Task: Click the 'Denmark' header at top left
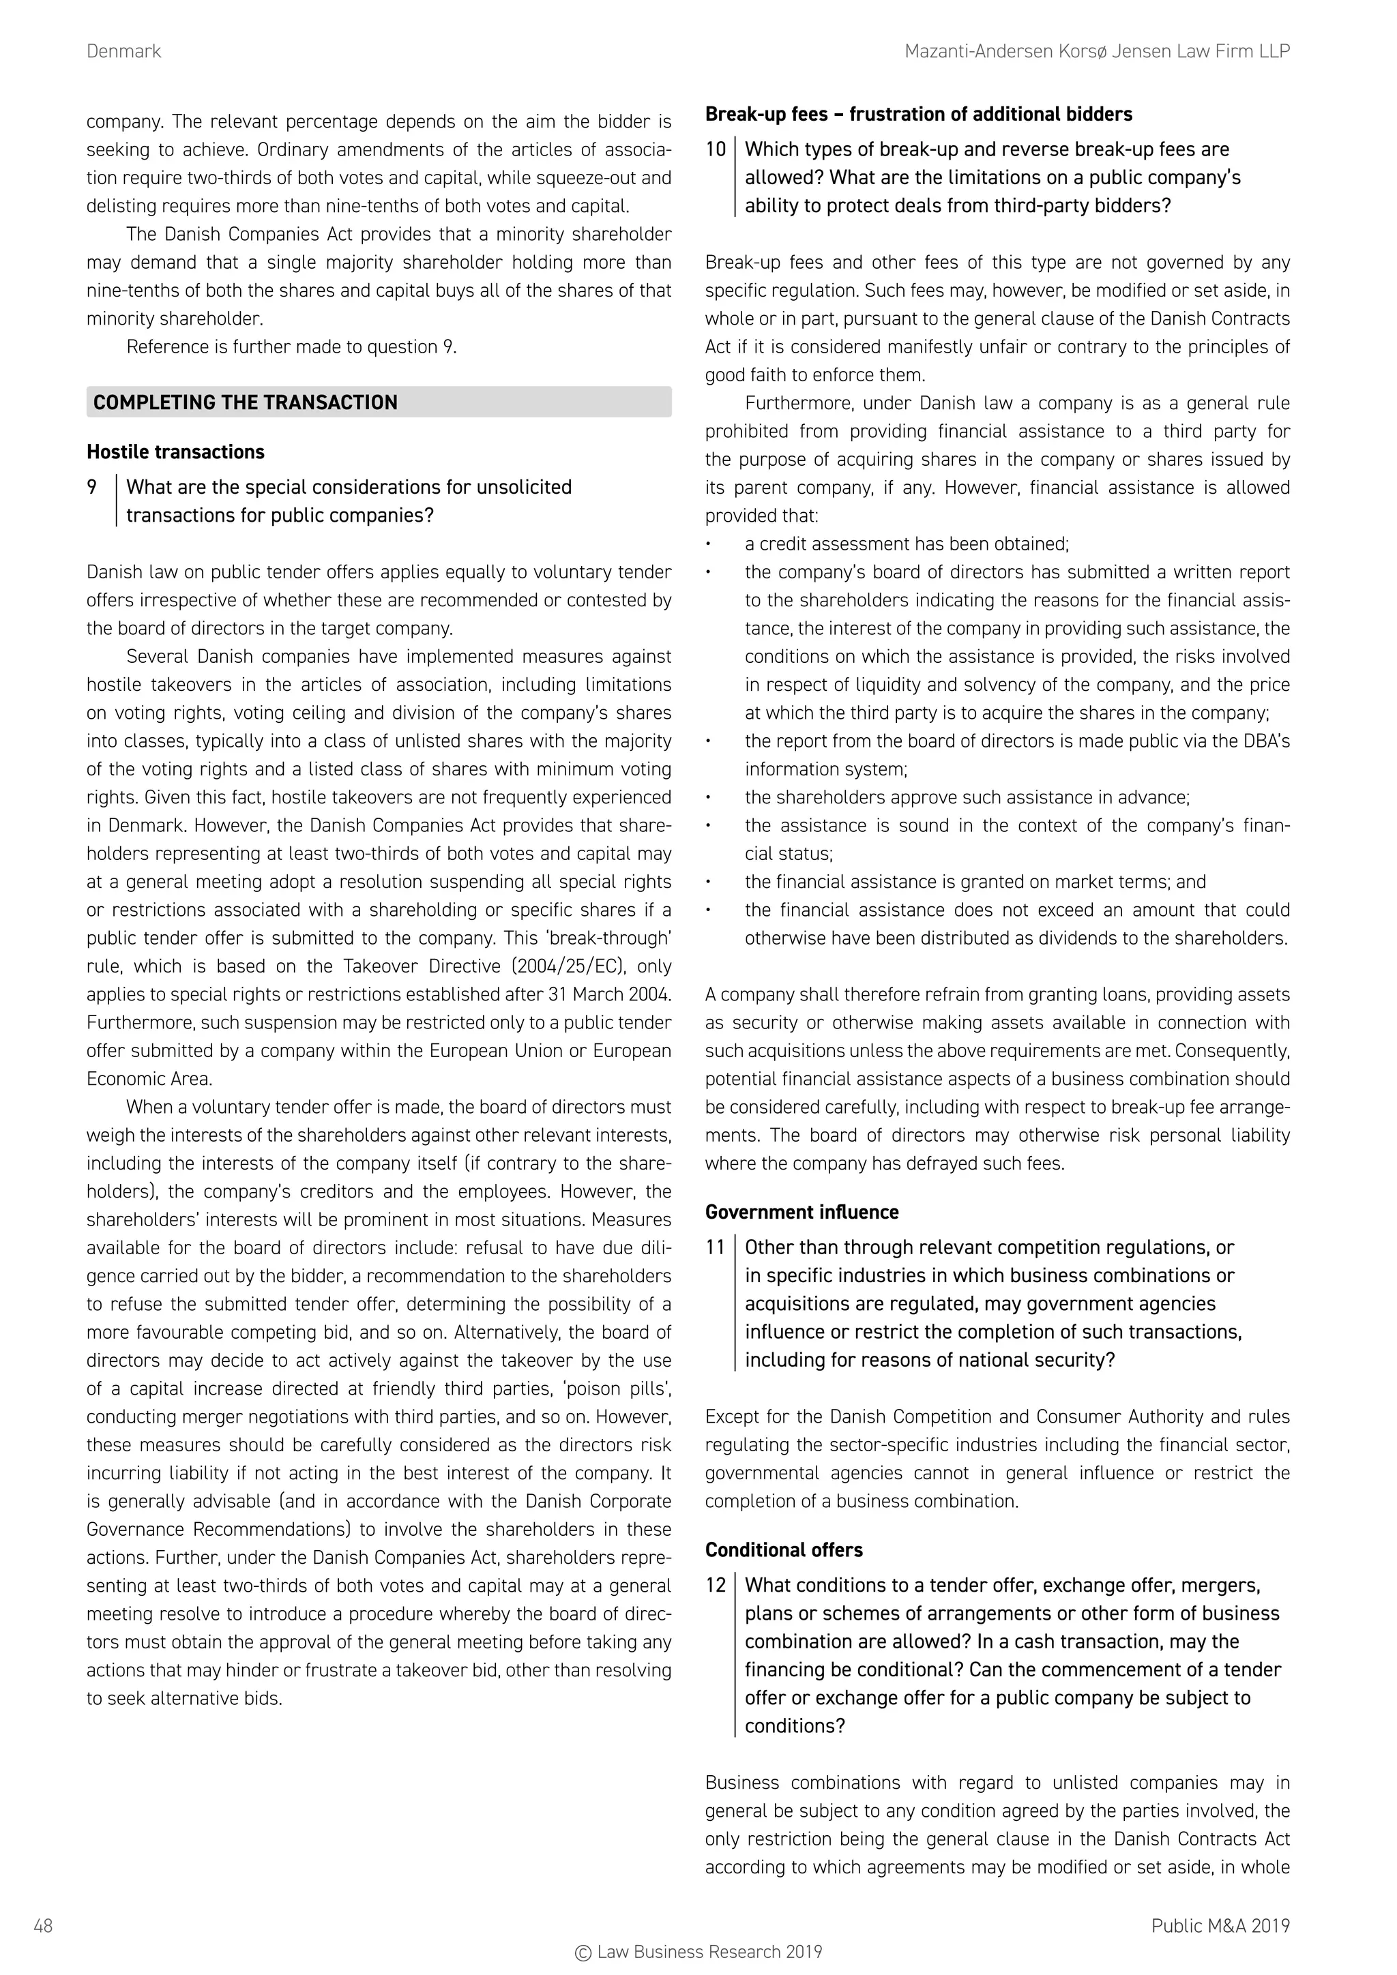(124, 52)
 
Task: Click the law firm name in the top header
(1097, 52)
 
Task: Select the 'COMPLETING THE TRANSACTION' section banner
(379, 402)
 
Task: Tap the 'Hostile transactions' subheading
(175, 452)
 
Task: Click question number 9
(92, 488)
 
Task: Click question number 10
(716, 149)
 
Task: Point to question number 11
(716, 1248)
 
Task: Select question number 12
(716, 1586)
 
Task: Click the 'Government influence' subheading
(802, 1213)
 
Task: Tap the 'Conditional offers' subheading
(784, 1550)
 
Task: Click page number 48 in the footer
(44, 1926)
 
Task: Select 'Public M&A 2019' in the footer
(1220, 1926)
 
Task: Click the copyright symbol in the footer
(583, 1952)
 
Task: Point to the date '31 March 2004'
(608, 995)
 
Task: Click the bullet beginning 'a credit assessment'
(906, 544)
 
